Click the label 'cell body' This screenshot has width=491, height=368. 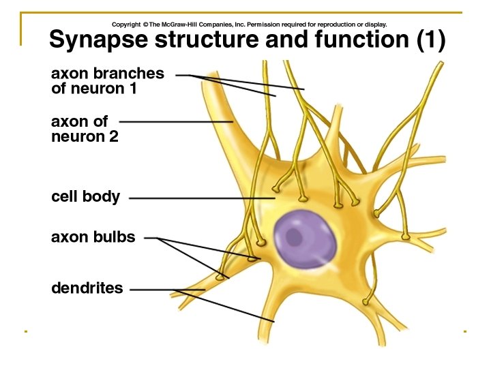(85, 198)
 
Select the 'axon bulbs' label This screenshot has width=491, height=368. (93, 237)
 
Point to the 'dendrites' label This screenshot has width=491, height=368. (87, 288)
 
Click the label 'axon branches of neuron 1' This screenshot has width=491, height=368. (107, 80)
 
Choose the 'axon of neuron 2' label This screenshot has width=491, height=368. (85, 129)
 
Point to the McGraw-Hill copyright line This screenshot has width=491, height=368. (250, 25)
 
